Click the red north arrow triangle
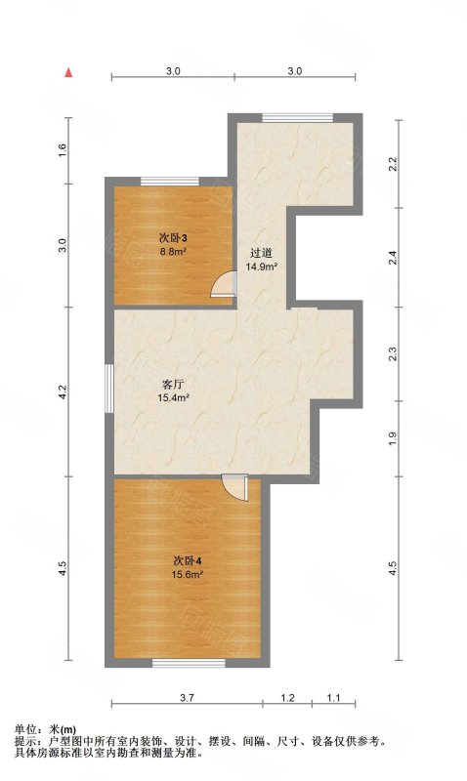tap(68, 72)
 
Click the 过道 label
tap(261, 253)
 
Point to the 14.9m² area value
tap(261, 267)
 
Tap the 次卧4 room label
tap(188, 560)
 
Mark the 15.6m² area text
tap(188, 574)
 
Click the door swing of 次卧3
tap(224, 283)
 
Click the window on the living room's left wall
tap(109, 389)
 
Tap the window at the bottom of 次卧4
tap(189, 663)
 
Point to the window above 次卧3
tap(170, 182)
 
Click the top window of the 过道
tap(298, 117)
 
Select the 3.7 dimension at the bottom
tap(187, 698)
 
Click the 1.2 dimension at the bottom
tap(287, 698)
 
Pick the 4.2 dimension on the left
tap(63, 391)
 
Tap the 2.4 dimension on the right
tap(393, 258)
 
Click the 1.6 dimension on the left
tap(63, 150)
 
